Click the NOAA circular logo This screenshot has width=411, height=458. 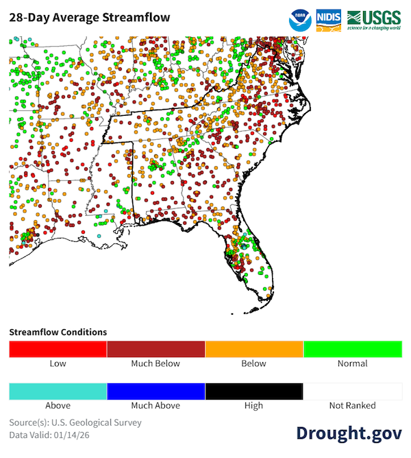[x=300, y=20]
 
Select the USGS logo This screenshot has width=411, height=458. [x=374, y=19]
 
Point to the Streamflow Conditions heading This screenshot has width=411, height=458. [x=58, y=332]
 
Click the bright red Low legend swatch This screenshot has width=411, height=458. [x=58, y=349]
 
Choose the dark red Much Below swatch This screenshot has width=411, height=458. [x=156, y=349]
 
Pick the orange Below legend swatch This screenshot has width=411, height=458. [x=254, y=349]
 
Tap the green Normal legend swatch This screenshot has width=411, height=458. [x=352, y=349]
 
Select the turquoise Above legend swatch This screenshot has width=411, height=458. [x=58, y=391]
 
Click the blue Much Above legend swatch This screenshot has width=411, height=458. [x=156, y=391]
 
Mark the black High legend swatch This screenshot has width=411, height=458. [x=254, y=391]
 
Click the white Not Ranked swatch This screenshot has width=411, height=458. [x=352, y=391]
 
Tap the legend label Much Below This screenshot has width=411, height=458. [x=156, y=363]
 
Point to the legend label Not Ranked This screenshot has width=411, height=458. [x=352, y=405]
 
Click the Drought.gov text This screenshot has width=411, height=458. [x=349, y=433]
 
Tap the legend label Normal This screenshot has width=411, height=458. [x=352, y=363]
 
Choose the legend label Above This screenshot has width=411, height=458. [x=58, y=405]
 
